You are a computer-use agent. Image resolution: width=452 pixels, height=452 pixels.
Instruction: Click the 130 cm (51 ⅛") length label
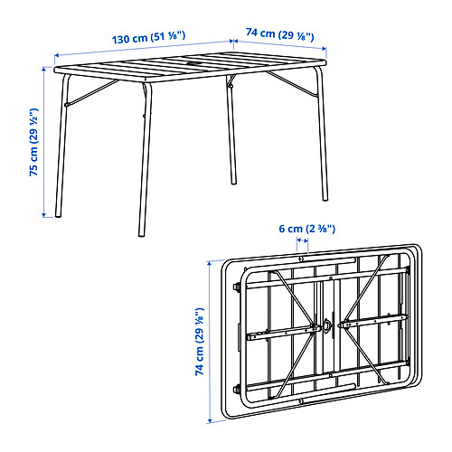[x=148, y=38]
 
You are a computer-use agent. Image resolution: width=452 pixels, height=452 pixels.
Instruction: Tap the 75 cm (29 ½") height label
[x=34, y=142]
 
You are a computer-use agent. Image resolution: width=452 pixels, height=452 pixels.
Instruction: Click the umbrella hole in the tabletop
[x=192, y=64]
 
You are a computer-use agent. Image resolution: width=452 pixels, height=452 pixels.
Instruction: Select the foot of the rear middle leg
[x=233, y=182]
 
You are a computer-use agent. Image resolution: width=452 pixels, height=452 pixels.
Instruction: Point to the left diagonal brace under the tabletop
[x=91, y=93]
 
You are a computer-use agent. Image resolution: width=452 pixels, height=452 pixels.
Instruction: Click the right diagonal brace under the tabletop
[x=292, y=84]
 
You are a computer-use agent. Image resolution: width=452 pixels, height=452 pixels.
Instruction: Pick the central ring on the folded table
[x=326, y=325]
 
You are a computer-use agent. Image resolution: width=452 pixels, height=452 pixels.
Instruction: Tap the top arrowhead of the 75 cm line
[x=44, y=69]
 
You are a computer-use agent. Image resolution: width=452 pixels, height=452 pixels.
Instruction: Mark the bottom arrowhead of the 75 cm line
[x=44, y=214]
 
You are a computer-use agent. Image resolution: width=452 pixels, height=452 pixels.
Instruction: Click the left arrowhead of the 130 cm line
[x=57, y=55]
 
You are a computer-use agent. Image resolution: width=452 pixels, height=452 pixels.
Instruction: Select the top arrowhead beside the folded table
[x=209, y=264]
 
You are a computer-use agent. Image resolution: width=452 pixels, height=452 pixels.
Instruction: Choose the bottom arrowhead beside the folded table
[x=210, y=420]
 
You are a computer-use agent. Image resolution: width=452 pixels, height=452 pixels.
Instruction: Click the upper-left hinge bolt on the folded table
[x=237, y=287]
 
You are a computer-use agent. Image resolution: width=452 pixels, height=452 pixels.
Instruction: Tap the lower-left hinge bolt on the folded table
[x=237, y=389]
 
